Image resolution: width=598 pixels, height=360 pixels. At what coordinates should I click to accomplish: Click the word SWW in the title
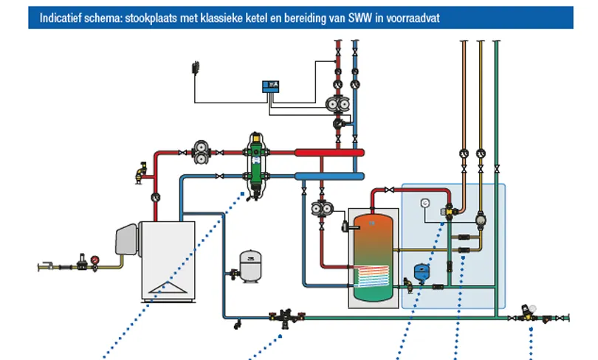(x=360, y=18)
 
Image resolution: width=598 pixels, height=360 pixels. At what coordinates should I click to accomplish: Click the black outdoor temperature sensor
(x=196, y=68)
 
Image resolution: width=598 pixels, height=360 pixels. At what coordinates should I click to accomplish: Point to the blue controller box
(x=271, y=87)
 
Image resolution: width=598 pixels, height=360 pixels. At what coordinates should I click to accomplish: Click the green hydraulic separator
(x=256, y=165)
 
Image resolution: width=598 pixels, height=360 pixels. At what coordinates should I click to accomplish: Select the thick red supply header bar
(x=329, y=153)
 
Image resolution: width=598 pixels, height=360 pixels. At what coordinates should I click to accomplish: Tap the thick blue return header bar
(x=329, y=176)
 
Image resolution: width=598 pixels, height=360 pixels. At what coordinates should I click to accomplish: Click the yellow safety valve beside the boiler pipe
(x=141, y=173)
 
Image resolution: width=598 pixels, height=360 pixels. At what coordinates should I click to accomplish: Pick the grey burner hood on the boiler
(x=127, y=239)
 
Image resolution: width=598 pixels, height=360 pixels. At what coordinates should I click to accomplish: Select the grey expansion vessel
(x=250, y=266)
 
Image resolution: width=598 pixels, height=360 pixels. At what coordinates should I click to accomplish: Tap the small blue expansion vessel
(x=422, y=272)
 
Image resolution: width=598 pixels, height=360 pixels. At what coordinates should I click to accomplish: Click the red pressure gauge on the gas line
(x=94, y=260)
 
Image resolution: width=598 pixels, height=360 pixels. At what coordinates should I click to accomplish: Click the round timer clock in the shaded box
(x=426, y=203)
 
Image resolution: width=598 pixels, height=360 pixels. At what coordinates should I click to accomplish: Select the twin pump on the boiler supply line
(x=202, y=153)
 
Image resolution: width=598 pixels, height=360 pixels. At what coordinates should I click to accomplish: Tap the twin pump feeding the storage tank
(x=322, y=208)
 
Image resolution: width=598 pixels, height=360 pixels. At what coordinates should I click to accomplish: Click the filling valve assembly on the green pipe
(x=286, y=317)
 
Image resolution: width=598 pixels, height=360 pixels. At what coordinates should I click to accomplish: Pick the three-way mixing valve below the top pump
(x=339, y=123)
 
